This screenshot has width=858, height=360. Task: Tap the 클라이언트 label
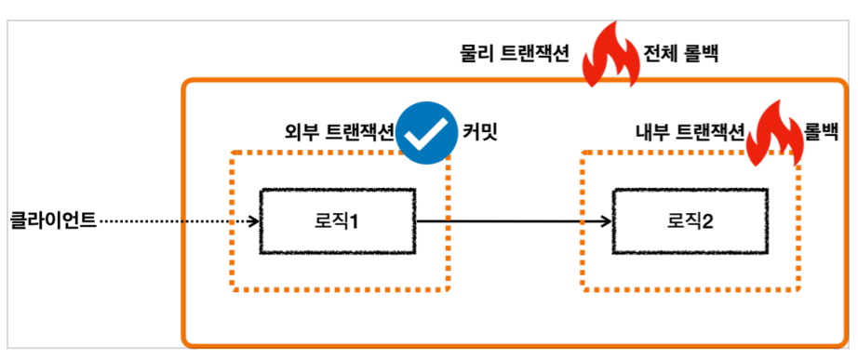(54, 221)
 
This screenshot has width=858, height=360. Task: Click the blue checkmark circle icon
(426, 134)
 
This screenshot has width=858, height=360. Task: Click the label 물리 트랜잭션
(516, 55)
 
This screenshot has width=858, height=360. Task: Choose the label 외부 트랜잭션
(340, 132)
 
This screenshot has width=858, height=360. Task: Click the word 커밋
(480, 132)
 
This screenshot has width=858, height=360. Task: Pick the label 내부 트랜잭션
(690, 132)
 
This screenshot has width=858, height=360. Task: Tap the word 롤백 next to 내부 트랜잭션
(822, 132)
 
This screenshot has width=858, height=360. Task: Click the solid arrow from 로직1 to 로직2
(514, 221)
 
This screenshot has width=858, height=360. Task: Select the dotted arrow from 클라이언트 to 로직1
(179, 221)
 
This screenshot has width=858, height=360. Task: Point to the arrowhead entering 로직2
(607, 221)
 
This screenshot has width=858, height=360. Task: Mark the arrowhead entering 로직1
(253, 221)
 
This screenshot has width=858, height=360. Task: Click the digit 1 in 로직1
(354, 222)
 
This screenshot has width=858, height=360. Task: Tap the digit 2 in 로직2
(707, 222)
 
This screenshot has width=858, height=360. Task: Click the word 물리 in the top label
(479, 55)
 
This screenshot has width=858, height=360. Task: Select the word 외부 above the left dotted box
(302, 132)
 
